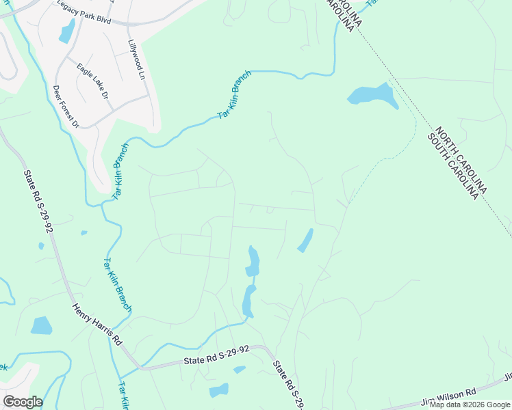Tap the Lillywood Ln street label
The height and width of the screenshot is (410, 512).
[137, 58]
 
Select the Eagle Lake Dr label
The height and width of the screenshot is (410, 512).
[93, 81]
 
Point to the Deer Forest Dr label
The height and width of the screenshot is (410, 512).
[66, 106]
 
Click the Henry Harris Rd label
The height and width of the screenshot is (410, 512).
[97, 324]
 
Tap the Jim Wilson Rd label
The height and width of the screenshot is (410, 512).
[448, 396]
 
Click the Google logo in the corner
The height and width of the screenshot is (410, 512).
[23, 402]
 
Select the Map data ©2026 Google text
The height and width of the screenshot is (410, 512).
[470, 405]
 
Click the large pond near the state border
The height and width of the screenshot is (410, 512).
[372, 96]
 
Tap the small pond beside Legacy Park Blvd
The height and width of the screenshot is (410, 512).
[67, 30]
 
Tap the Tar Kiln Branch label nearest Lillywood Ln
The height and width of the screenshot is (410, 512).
[235, 95]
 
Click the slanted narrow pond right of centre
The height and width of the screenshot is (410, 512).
[305, 240]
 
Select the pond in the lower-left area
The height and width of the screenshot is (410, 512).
[41, 325]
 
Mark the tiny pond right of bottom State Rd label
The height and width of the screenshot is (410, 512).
[239, 370]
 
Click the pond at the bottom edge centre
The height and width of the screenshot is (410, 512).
[219, 391]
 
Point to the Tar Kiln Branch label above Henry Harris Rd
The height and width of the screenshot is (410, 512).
[117, 284]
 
